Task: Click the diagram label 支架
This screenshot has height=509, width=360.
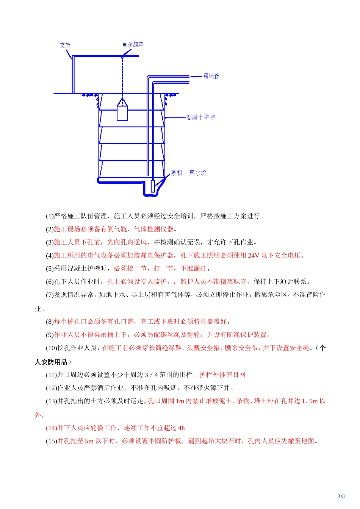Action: (65, 45)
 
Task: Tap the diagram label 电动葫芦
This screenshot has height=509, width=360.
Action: (133, 45)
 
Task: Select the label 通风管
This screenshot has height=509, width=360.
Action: (211, 76)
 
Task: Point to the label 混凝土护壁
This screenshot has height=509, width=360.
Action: (201, 117)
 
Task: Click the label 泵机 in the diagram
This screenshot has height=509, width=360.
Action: (177, 173)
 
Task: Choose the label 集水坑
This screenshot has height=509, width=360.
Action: (198, 173)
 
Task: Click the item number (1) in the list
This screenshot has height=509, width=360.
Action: (50, 216)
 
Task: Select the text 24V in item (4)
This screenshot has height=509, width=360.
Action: (254, 256)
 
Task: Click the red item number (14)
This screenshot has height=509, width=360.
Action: (51, 428)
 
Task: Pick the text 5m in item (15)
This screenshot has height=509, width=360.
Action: (89, 441)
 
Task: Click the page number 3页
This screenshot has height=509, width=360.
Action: (341, 496)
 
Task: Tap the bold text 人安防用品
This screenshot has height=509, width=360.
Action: (51, 362)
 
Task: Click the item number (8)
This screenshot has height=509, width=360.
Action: (50, 322)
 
